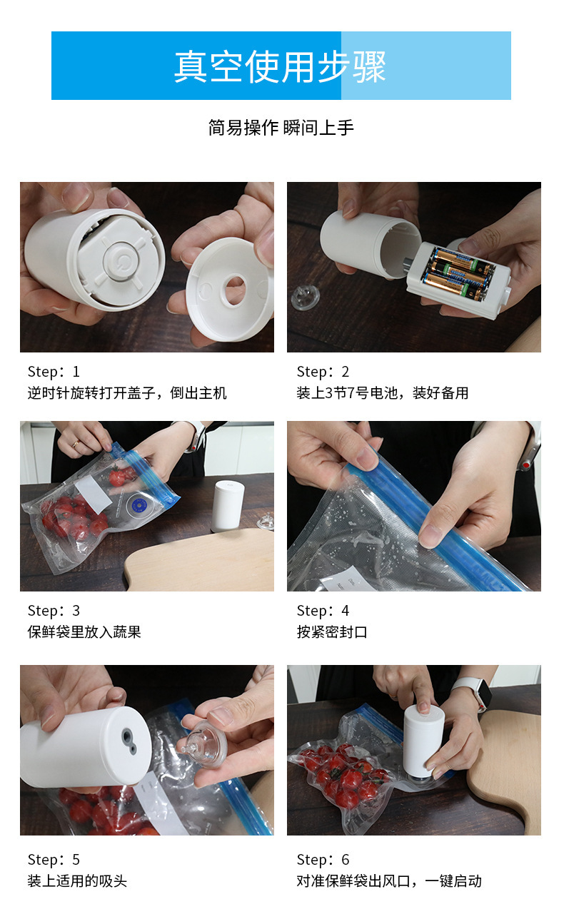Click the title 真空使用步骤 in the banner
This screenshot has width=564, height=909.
point(280,66)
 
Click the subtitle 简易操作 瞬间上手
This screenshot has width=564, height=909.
point(281,128)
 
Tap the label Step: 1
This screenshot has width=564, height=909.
point(54,372)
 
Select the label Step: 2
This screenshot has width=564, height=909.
point(323,372)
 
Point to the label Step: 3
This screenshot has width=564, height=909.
point(54,611)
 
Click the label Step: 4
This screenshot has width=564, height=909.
point(323,611)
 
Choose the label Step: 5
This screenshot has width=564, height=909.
point(54,860)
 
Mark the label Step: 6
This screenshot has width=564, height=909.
point(323,860)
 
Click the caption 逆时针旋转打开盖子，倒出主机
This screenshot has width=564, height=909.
point(127,393)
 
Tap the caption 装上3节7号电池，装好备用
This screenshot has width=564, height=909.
point(382,393)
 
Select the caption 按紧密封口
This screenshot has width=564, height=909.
point(332,632)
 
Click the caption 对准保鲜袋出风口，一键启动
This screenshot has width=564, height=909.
point(389,881)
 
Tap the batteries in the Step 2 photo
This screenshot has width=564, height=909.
point(460,275)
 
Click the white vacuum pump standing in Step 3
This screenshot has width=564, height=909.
point(228,505)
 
